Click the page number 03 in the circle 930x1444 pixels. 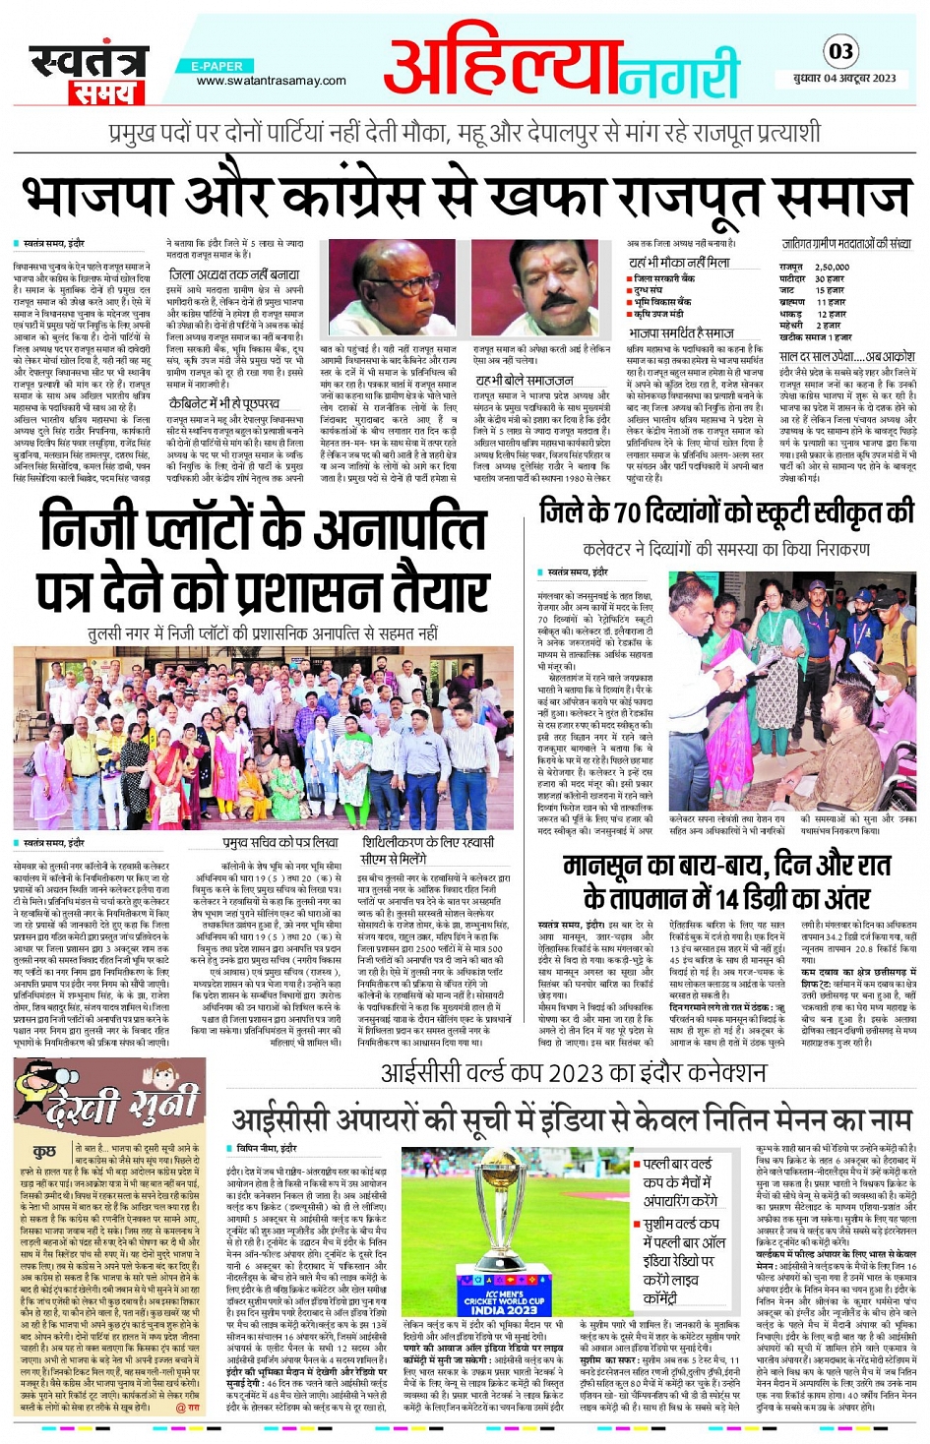point(840,51)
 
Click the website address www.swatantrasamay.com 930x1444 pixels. point(271,81)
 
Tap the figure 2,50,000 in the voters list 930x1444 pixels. point(832,267)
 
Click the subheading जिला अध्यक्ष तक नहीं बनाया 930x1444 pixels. point(234,274)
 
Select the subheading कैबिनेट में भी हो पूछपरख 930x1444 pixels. point(224,403)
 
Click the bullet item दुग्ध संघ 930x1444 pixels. point(649,291)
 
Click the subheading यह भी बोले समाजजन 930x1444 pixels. point(525,381)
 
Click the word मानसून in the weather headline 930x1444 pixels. point(610,866)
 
